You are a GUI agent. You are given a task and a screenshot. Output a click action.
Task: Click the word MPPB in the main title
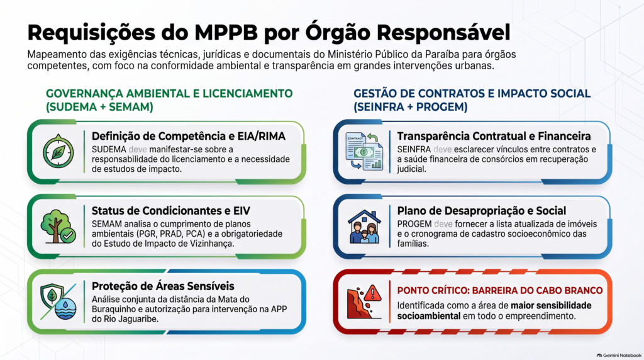click(x=226, y=33)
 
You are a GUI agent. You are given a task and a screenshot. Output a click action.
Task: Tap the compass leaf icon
click(x=58, y=151)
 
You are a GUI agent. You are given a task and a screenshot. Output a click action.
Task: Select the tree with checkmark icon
click(x=58, y=227)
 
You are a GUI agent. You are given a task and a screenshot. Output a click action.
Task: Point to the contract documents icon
click(x=364, y=151)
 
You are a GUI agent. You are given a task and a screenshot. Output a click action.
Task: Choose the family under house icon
click(x=364, y=227)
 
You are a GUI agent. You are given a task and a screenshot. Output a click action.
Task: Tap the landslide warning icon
click(x=364, y=301)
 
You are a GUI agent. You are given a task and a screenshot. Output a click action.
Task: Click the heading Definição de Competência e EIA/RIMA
click(x=189, y=136)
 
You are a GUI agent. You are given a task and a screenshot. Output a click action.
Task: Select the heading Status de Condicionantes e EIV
click(x=171, y=211)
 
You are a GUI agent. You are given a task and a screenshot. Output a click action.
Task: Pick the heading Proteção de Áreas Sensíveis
click(x=163, y=286)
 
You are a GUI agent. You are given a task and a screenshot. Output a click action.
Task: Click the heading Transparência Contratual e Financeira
click(x=494, y=136)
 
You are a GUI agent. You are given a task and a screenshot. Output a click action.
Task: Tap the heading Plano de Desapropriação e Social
click(x=481, y=211)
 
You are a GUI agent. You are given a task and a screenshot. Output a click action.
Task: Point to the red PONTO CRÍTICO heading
click(x=500, y=291)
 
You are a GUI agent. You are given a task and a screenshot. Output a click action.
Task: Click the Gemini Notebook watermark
click(x=619, y=356)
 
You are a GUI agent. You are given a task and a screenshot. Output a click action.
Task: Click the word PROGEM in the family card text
click(x=414, y=224)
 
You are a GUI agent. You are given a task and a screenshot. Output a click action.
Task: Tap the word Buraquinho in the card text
click(x=114, y=310)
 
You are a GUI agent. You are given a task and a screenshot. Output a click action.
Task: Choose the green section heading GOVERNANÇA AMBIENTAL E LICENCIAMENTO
click(x=169, y=94)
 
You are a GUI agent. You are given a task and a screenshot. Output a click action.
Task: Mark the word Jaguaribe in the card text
click(x=138, y=319)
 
